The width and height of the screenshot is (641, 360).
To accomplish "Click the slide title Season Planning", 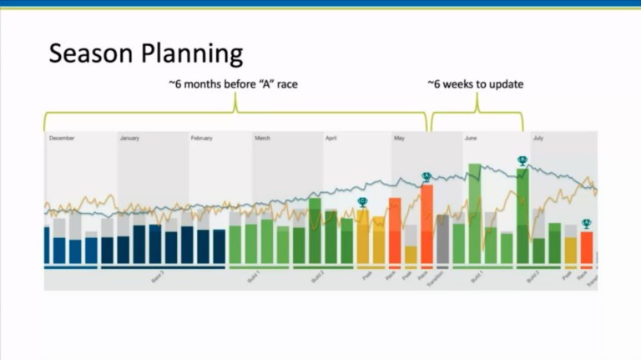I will click(x=145, y=54).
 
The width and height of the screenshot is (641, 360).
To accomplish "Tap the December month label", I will click(x=63, y=138).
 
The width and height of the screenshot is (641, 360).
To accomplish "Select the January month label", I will click(x=129, y=138).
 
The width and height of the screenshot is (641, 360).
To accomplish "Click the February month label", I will click(x=202, y=138).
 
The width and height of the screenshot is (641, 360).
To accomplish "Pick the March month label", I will click(x=262, y=138).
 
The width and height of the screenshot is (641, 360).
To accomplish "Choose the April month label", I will click(x=331, y=138).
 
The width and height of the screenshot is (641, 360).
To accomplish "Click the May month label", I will click(x=398, y=138).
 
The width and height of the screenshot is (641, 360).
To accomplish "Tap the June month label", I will click(x=471, y=138).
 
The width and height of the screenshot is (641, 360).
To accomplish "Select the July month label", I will click(x=538, y=138).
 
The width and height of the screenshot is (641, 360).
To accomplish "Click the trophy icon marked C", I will click(x=362, y=202).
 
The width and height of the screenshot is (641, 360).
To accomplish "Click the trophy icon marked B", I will click(x=522, y=160).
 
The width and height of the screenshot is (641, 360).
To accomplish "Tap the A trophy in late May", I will click(x=426, y=176).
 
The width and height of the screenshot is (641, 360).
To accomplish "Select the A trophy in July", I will click(x=587, y=223).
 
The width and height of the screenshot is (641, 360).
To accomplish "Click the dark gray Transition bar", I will click(x=442, y=240).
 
